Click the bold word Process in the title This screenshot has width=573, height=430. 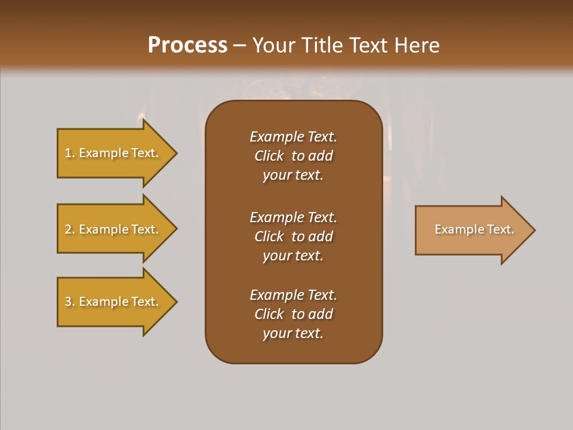[x=187, y=45]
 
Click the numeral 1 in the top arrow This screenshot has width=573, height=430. [x=68, y=153]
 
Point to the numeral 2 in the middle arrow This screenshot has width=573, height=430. [x=68, y=229]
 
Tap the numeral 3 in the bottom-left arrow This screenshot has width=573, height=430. [x=68, y=302]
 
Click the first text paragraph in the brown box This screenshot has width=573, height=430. [x=293, y=156]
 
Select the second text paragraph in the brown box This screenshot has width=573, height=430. [x=293, y=236]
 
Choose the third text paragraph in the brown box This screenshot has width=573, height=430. [x=293, y=314]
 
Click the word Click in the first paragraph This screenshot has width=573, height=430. [x=269, y=156]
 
